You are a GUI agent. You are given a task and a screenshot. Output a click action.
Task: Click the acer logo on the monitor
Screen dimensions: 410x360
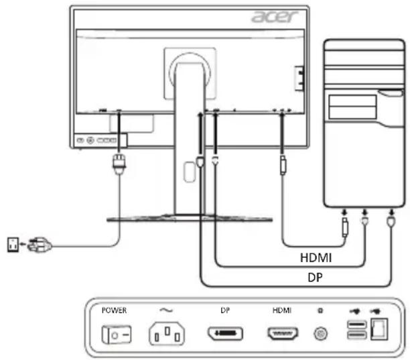click(x=275, y=17)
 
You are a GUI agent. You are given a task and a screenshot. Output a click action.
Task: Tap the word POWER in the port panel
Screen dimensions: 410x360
click(x=114, y=310)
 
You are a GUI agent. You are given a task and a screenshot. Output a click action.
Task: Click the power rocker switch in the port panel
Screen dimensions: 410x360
click(x=117, y=335)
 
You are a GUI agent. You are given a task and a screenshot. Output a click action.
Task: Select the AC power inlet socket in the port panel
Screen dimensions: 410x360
click(x=167, y=334)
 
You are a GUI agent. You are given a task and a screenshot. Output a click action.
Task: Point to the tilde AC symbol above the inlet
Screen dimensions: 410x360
click(x=166, y=310)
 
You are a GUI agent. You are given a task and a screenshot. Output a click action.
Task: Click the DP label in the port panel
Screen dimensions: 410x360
click(x=225, y=310)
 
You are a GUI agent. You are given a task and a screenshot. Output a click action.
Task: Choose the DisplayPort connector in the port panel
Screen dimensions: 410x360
click(x=225, y=334)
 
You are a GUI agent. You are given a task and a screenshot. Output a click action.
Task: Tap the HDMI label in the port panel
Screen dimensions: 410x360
click(x=282, y=310)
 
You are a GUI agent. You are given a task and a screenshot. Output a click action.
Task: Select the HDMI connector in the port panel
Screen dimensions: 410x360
click(x=283, y=334)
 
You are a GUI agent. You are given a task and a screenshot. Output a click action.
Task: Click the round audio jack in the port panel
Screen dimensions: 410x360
click(x=320, y=334)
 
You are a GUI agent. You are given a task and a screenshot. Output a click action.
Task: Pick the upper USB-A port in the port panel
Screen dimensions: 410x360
click(x=357, y=325)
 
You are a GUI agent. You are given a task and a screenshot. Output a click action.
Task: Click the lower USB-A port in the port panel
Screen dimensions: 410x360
click(x=357, y=335)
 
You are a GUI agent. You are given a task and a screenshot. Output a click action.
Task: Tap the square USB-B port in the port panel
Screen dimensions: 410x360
click(x=379, y=329)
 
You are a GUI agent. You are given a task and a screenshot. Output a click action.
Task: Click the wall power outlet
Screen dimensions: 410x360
click(x=13, y=245)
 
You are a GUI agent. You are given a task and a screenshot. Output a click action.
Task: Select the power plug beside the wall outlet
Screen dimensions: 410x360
click(x=40, y=245)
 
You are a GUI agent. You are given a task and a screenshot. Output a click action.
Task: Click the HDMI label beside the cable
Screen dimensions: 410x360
click(x=316, y=257)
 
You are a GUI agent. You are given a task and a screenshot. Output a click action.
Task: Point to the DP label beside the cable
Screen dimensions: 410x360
click(x=315, y=278)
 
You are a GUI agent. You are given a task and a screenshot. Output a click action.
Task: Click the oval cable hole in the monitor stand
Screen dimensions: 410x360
click(x=190, y=172)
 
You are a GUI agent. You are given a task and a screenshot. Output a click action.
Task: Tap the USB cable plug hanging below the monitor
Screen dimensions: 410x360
click(x=283, y=165)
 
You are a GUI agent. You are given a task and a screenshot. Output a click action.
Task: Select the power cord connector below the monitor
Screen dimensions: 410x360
click(x=119, y=164)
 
